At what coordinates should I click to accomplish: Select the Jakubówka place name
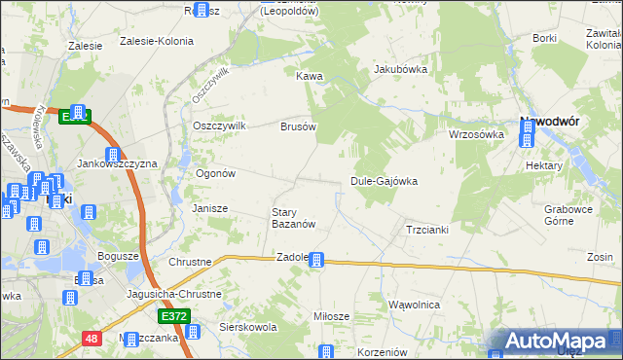pyautogui.click(x=401, y=70)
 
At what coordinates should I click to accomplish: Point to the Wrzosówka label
pyautogui.click(x=475, y=135)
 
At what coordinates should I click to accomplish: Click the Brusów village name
pyautogui.click(x=299, y=126)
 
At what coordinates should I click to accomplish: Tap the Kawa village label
pyautogui.click(x=310, y=76)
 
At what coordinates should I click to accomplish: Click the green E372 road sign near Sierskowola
pyautogui.click(x=171, y=317)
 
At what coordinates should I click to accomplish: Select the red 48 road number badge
pyautogui.click(x=91, y=339)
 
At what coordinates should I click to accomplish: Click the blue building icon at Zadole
pyautogui.click(x=316, y=260)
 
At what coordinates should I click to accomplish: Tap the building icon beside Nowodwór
pyautogui.click(x=527, y=136)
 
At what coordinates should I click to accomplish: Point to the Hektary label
pyautogui.click(x=544, y=166)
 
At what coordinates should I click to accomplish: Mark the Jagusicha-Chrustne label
pyautogui.click(x=174, y=293)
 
